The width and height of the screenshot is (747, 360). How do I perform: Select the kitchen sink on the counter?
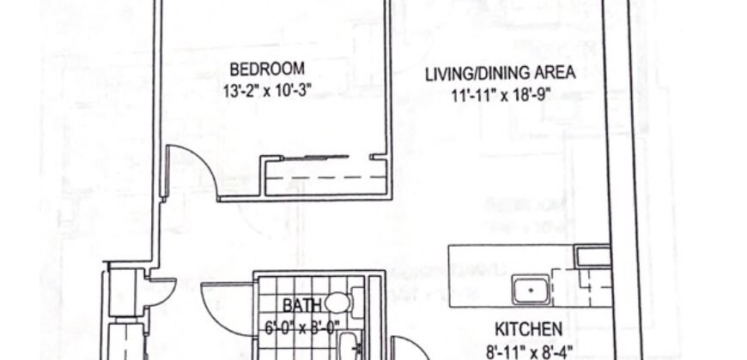point(532,290)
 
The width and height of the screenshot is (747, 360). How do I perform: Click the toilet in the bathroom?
point(338,302)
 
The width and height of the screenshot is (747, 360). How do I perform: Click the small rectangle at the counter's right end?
point(592,255)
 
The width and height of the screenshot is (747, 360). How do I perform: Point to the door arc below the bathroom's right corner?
point(404,347)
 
